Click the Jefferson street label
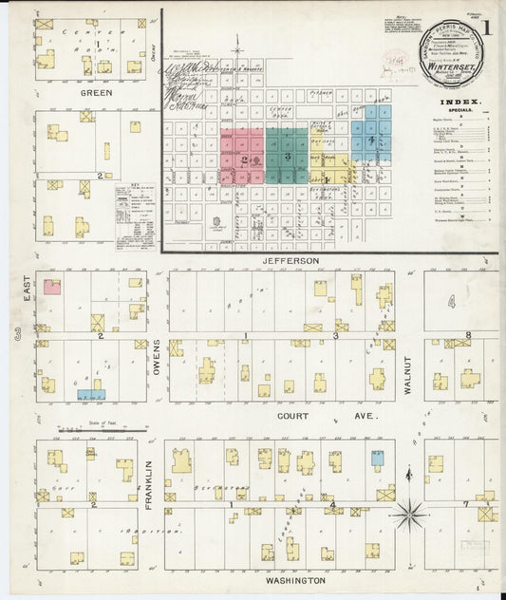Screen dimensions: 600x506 click(x=291, y=259)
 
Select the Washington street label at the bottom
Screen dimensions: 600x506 click(x=296, y=580)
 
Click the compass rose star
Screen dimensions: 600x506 click(x=410, y=516)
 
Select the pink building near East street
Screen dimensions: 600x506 click(x=52, y=286)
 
